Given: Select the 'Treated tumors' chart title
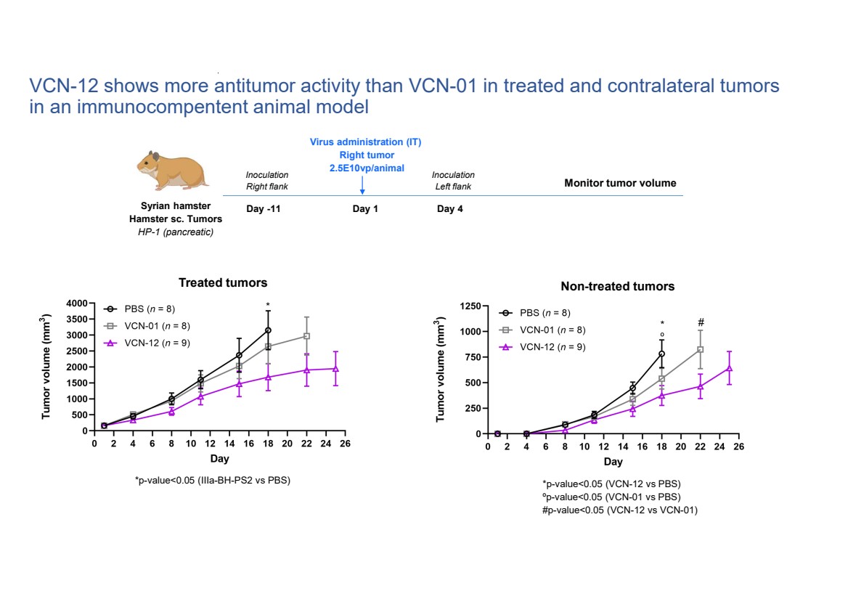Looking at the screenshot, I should pyautogui.click(x=223, y=282).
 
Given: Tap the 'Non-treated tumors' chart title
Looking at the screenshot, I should pyautogui.click(x=617, y=286).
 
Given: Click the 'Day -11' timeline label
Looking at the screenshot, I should pyautogui.click(x=266, y=209).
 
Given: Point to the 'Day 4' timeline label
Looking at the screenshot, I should pyautogui.click(x=451, y=209).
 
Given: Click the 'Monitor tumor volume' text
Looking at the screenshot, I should pyautogui.click(x=620, y=183).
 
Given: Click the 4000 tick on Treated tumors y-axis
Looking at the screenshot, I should pyautogui.click(x=76, y=303).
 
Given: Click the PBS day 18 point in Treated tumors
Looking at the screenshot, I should pyautogui.click(x=268, y=330).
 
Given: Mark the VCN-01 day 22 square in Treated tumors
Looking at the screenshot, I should pyautogui.click(x=307, y=336).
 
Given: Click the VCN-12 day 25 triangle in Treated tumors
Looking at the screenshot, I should pyautogui.click(x=335, y=369).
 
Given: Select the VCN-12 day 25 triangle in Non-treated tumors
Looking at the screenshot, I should pyautogui.click(x=729, y=368).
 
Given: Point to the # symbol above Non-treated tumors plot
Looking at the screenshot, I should pyautogui.click(x=701, y=322).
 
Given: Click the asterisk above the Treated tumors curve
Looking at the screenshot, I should pyautogui.click(x=268, y=305).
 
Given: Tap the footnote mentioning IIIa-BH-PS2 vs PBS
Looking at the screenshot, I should pyautogui.click(x=213, y=480).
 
